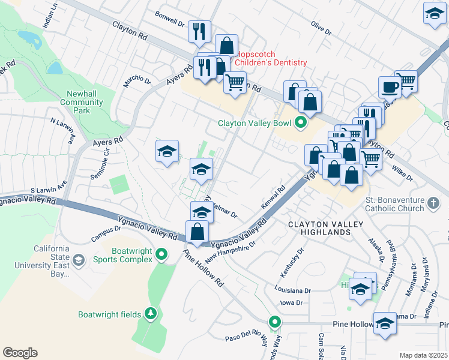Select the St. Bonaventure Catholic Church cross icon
(434, 203)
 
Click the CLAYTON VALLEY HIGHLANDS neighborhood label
(325, 229)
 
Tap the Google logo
(20, 353)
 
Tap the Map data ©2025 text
(423, 355)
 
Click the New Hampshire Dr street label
(231, 253)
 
